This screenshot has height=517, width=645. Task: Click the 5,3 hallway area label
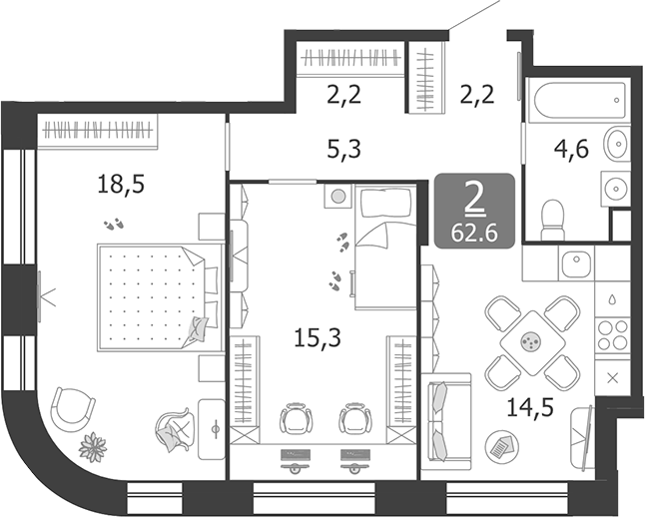(343, 150)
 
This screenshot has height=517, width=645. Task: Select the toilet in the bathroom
(552, 217)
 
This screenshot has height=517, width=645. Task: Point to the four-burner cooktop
(611, 335)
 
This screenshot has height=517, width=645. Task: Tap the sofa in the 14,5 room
(447, 421)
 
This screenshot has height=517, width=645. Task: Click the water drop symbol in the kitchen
(611, 297)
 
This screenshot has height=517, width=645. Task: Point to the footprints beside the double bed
(116, 222)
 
